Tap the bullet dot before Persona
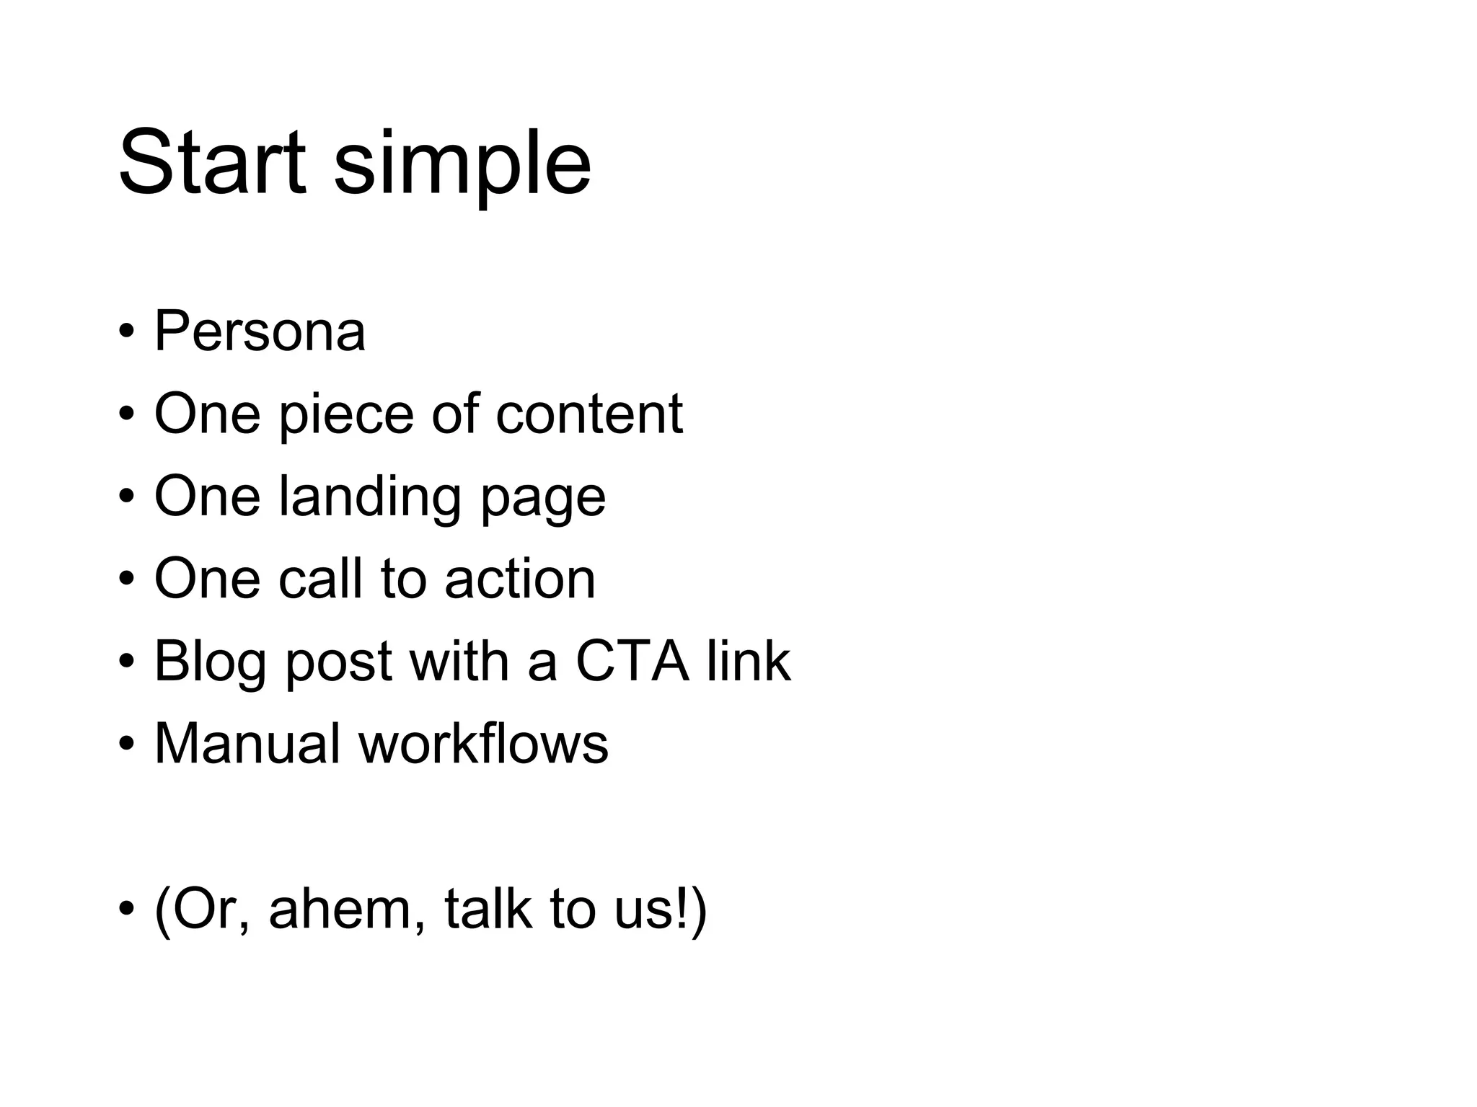[x=127, y=333]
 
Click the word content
[x=588, y=414]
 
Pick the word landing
[x=369, y=499]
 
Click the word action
[x=520, y=579]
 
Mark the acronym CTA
[x=632, y=661]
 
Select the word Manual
[x=247, y=743]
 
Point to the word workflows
[x=483, y=743]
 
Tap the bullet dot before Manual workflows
[x=127, y=745]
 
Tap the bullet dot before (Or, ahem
[x=127, y=910]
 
